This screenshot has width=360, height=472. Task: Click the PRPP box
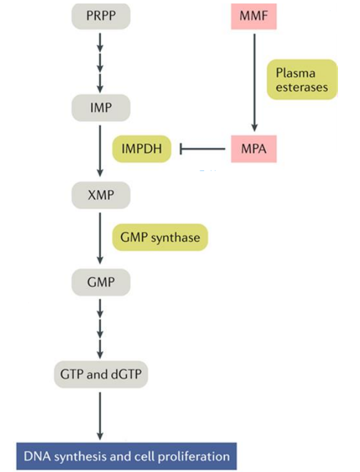101,15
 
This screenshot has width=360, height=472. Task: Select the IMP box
101,107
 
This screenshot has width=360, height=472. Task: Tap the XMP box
101,195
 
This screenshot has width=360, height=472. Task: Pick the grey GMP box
101,282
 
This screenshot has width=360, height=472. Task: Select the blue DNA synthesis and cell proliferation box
127,456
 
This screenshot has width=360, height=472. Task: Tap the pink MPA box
253,150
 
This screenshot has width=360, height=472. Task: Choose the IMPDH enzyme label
142,150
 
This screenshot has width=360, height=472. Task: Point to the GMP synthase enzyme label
160,237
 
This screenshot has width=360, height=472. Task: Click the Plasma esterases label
301,80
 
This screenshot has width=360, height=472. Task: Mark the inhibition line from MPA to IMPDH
203,150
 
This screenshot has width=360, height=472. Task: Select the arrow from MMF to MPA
253,81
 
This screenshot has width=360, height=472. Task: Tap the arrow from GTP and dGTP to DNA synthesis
101,415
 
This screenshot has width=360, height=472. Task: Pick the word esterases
301,88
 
